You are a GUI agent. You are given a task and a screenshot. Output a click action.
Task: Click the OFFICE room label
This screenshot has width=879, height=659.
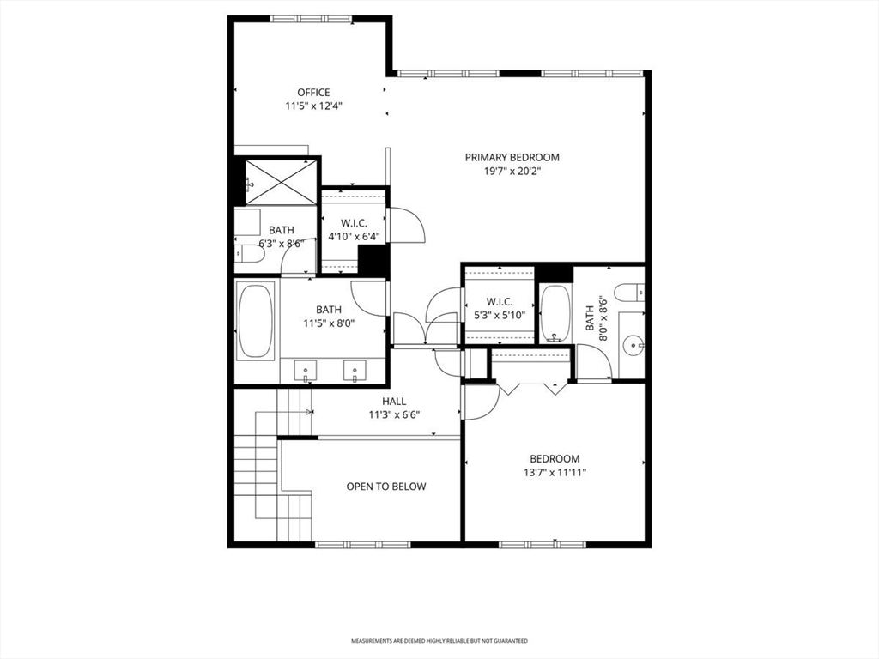pyautogui.click(x=313, y=93)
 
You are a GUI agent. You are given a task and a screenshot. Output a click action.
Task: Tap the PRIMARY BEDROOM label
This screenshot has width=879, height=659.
pyautogui.click(x=512, y=158)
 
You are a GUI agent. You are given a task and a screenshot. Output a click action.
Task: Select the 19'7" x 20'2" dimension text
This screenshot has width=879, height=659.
pyautogui.click(x=512, y=172)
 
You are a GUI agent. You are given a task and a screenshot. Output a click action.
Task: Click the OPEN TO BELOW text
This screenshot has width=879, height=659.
pyautogui.click(x=386, y=487)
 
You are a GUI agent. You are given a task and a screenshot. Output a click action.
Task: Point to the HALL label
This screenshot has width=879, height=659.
pyautogui.click(x=394, y=402)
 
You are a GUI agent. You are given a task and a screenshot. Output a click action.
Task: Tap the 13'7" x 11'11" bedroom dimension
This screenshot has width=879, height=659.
pyautogui.click(x=555, y=473)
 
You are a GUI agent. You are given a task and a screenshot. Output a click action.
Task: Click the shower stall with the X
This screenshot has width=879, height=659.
pyautogui.click(x=281, y=183)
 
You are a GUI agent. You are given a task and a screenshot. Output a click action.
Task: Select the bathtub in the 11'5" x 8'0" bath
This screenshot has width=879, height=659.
pyautogui.click(x=256, y=322)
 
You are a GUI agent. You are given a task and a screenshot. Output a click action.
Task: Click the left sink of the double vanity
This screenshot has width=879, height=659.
pyautogui.click(x=306, y=371)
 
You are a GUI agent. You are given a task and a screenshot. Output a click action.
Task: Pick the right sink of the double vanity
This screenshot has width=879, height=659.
pyautogui.click(x=355, y=371)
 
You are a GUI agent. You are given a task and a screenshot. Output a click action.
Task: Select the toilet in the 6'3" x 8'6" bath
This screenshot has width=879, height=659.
pyautogui.click(x=249, y=254)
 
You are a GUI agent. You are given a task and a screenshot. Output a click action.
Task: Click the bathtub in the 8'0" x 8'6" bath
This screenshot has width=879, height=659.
pyautogui.click(x=555, y=314)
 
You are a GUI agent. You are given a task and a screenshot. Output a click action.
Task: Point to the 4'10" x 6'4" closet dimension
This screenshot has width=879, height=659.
pyautogui.click(x=354, y=237)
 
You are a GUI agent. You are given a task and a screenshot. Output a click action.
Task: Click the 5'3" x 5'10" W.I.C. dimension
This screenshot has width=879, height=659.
pyautogui.click(x=499, y=316)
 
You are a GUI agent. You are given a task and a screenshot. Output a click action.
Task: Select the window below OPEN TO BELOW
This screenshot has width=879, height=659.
pyautogui.click(x=355, y=545)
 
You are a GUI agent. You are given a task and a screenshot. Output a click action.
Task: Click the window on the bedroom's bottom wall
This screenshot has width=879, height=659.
pyautogui.click(x=543, y=545)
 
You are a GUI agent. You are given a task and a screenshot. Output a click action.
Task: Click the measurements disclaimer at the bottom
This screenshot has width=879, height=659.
pyautogui.click(x=439, y=640)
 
